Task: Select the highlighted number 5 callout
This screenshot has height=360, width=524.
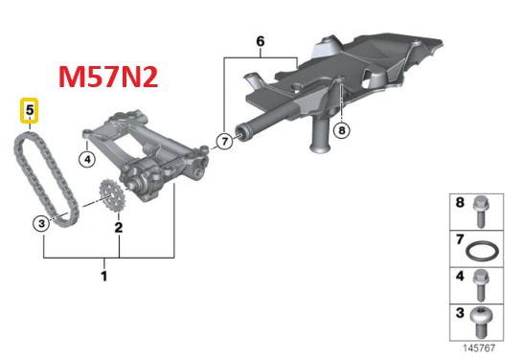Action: coord(31,112)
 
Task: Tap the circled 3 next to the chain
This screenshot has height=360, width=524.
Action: coord(41,224)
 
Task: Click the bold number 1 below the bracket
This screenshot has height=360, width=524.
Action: coord(104,277)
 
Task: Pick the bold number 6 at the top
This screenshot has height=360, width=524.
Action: coord(259,41)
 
